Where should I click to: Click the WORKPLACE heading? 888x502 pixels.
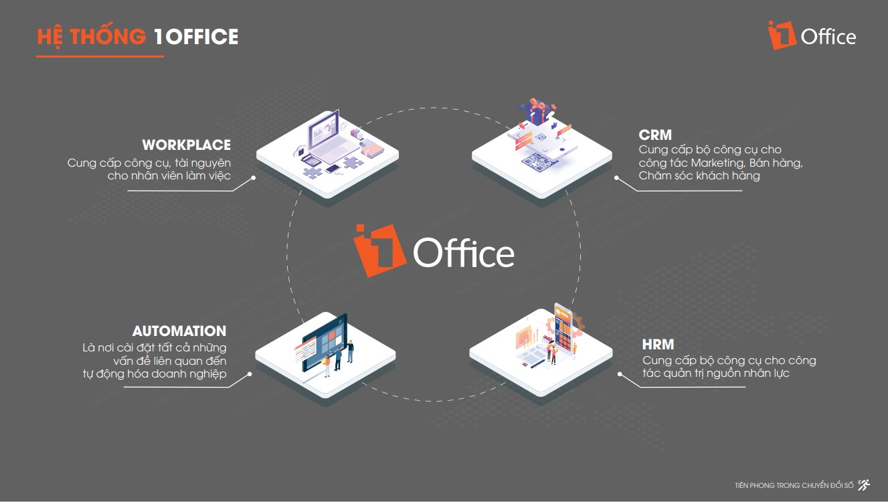click(186, 145)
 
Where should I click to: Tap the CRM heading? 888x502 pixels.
click(655, 135)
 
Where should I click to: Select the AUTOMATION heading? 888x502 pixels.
click(179, 331)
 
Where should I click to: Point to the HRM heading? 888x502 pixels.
click(658, 345)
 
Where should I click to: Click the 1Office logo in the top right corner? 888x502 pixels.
click(812, 35)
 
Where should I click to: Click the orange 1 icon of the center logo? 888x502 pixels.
click(379, 250)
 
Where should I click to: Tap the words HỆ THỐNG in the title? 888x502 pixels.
click(92, 37)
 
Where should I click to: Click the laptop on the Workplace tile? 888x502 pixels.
click(331, 137)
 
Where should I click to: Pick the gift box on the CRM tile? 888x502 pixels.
click(537, 111)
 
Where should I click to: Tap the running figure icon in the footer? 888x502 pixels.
click(864, 485)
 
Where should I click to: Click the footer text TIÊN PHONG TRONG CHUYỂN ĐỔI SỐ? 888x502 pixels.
click(794, 485)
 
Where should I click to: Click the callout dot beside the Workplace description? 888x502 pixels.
click(254, 177)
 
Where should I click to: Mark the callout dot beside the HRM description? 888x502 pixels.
click(619, 374)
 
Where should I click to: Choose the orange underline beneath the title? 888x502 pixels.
click(100, 57)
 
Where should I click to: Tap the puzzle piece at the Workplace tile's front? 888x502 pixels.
click(313, 173)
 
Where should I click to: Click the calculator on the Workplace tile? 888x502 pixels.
click(312, 160)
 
